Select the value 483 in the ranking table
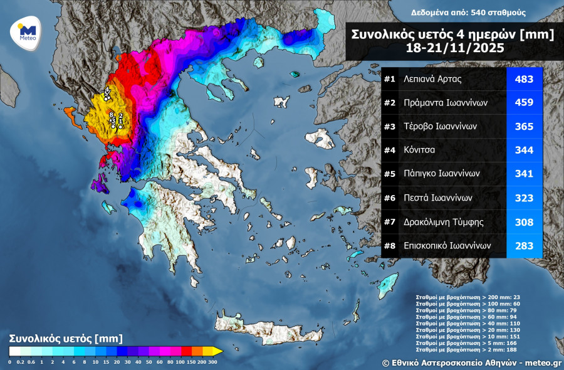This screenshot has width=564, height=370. (x=524, y=80)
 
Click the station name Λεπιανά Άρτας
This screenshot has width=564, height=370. (x=429, y=80)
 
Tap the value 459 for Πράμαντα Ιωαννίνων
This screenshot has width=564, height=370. (x=524, y=103)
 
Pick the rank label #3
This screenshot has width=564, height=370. (x=390, y=127)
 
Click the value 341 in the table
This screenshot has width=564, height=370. (x=524, y=174)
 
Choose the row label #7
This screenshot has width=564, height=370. (x=390, y=221)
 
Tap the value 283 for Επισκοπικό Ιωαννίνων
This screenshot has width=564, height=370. (x=524, y=245)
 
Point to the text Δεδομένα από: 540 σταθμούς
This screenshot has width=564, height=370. (x=468, y=13)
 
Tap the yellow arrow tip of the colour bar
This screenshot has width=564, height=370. (x=217, y=351)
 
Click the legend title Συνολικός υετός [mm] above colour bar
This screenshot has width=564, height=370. (x=61, y=339)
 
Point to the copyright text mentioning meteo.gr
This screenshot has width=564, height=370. (x=472, y=362)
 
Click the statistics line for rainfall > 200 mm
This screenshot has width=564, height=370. (x=467, y=297)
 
